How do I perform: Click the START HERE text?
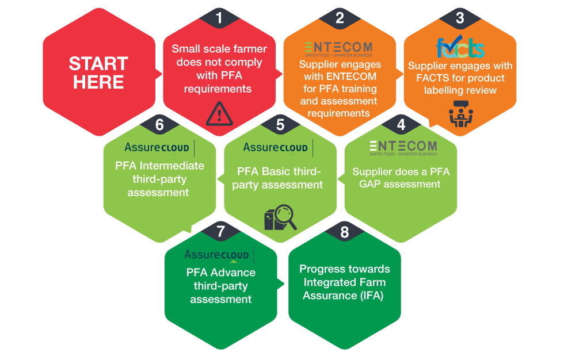click(98, 72)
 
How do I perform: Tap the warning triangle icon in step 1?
click(219, 114)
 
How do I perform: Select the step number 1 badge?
click(219, 18)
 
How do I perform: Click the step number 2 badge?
click(340, 18)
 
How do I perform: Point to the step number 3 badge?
click(460, 18)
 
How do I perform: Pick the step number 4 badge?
click(401, 124)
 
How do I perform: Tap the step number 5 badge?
click(280, 124)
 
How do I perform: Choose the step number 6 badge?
click(159, 124)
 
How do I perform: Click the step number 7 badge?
click(220, 231)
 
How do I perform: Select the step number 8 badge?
click(345, 231)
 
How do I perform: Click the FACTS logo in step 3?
click(460, 47)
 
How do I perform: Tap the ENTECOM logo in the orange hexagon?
click(338, 49)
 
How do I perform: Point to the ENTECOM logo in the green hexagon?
click(403, 148)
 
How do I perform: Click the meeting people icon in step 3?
click(461, 114)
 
